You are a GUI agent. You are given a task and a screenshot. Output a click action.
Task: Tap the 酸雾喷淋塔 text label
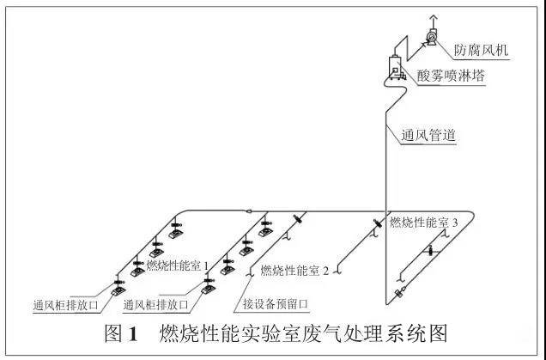tap(451, 76)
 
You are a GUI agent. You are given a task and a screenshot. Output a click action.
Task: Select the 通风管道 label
tap(428, 135)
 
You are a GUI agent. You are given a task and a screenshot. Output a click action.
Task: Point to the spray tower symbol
tap(396, 65)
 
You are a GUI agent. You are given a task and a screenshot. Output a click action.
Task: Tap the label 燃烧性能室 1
tap(178, 266)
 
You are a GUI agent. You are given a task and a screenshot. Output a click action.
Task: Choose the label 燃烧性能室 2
tap(294, 272)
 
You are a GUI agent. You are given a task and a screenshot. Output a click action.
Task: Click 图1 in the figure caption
tap(121, 333)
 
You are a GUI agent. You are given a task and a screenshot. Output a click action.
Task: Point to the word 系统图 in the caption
tap(422, 333)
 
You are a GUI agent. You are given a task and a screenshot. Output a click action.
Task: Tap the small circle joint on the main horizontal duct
tap(246, 212)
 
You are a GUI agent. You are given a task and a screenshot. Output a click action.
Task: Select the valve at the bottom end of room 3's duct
tap(398, 294)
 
